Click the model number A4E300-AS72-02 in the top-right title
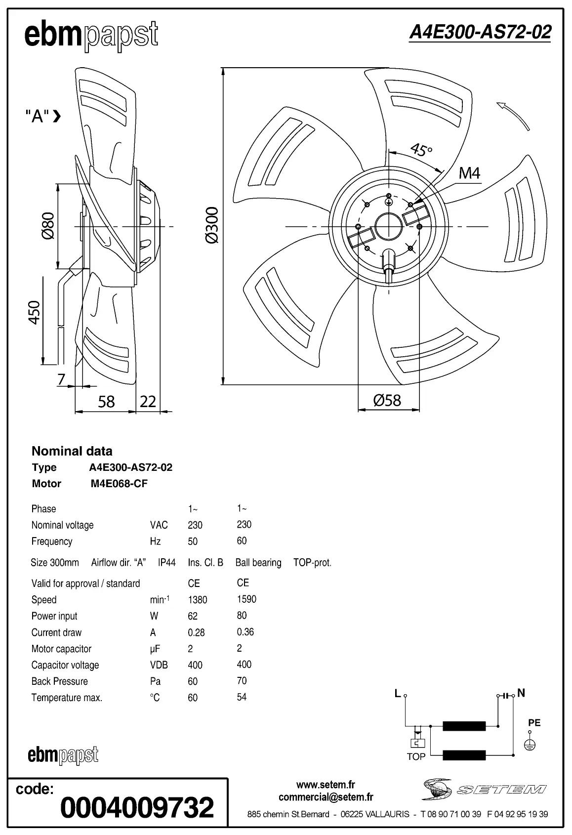click(480, 32)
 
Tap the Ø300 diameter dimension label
click(211, 225)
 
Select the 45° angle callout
click(421, 149)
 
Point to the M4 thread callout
click(469, 173)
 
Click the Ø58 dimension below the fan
click(387, 400)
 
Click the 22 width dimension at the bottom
click(148, 401)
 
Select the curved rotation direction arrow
click(513, 115)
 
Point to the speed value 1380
click(198, 600)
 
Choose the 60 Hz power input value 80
click(242, 616)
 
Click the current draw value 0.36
click(245, 632)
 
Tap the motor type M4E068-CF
click(119, 484)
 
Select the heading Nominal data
click(72, 451)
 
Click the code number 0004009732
click(137, 807)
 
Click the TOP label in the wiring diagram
click(416, 756)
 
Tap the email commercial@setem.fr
click(326, 797)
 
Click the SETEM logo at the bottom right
click(484, 789)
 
